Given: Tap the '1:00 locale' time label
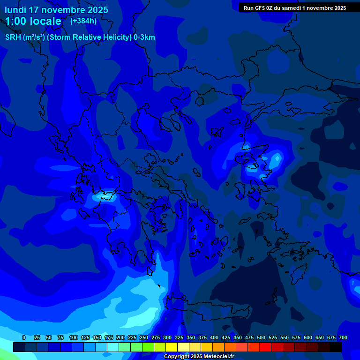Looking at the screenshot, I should point(33,21).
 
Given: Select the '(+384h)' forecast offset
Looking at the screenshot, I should point(83,21).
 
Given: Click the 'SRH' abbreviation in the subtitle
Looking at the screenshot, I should point(13,37).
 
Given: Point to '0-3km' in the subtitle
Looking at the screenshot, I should point(144,37).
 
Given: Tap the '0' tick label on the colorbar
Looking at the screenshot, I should point(24,337).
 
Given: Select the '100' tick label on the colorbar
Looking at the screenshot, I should point(74,337).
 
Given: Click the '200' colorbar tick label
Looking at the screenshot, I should point(120,337).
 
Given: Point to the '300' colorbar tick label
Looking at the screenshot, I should point(167,337).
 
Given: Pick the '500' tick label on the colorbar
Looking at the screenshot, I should point(261,337).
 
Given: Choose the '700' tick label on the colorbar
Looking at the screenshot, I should point(343,337).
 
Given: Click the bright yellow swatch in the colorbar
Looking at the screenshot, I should point(172,347).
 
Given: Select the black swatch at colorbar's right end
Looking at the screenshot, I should point(336,347).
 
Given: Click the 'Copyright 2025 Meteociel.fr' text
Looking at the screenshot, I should point(199,357).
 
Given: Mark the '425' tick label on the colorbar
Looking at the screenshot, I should point(226,337).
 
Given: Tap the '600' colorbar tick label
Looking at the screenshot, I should point(308,337).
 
